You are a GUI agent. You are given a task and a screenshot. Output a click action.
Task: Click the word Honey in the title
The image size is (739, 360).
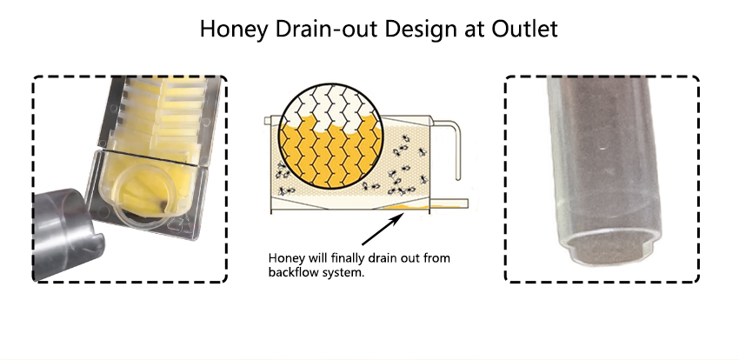(233, 30)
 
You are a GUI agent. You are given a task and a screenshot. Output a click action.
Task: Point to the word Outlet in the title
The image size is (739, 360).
(525, 29)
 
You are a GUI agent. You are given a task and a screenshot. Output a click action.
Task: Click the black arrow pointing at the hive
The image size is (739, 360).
(383, 229)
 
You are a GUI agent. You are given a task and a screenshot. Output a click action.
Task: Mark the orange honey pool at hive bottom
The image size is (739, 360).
(405, 207)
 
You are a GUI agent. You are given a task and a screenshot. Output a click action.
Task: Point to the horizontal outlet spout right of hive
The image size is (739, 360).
(449, 203)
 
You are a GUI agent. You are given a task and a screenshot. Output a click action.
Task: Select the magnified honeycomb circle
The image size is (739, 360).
(330, 137)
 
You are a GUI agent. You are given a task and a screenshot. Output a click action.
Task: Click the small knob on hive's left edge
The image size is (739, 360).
(268, 121)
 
